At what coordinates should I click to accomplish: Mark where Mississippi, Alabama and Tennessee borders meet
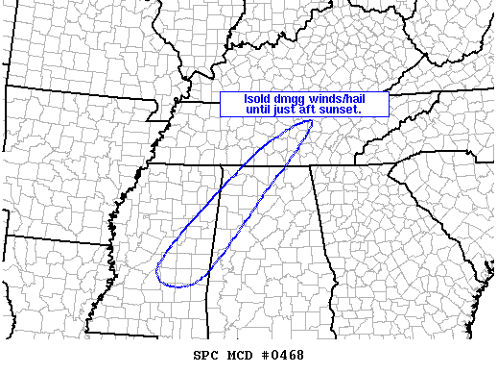224,164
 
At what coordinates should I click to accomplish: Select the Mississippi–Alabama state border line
217,231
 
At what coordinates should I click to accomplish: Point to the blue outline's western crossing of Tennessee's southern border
244,164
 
